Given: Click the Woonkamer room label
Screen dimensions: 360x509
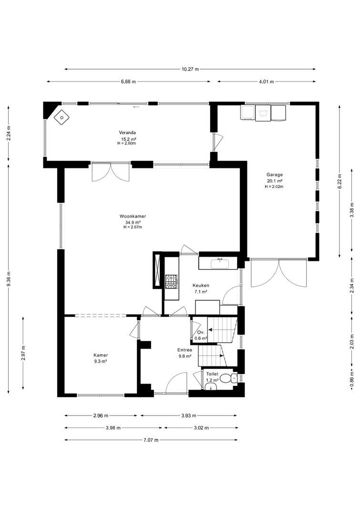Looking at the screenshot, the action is (133, 216).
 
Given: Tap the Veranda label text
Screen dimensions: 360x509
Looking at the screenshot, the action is (127, 133).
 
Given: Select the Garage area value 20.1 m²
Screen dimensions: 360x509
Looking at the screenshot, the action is (274, 181).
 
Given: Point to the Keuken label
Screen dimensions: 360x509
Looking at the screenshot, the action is (201, 286).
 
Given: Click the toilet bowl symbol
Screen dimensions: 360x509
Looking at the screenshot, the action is (234, 378).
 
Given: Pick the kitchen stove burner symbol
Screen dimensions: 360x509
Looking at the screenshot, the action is (171, 281).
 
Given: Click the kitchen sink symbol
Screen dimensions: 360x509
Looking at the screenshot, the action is (220, 264).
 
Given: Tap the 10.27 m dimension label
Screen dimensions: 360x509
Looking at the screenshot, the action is (190, 69).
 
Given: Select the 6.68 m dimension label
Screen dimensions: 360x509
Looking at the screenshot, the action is (128, 82).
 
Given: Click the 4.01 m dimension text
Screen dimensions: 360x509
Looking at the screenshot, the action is (266, 82).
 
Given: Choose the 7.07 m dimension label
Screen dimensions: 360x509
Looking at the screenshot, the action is (151, 440).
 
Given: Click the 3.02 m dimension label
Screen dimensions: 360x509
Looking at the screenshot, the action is (201, 428).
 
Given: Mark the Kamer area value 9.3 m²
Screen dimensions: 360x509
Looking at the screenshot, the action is (101, 361).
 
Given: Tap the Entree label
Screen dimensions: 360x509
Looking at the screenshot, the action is (185, 350).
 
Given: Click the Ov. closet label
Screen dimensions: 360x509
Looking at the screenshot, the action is (201, 332).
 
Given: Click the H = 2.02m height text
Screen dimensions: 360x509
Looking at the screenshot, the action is (274, 187).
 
